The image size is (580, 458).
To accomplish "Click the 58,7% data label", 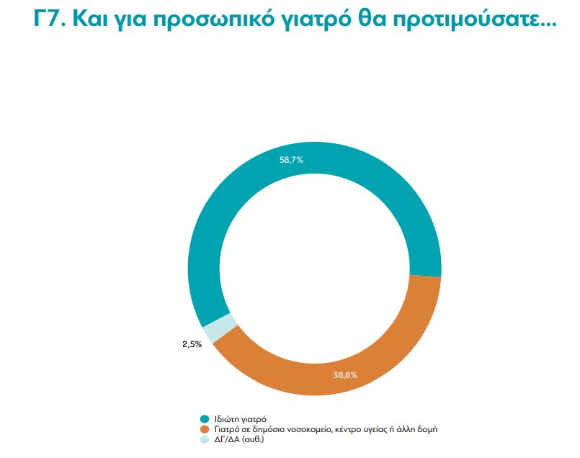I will (x=291, y=160).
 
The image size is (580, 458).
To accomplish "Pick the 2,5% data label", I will (x=192, y=344).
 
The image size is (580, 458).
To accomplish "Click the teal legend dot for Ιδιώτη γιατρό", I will (x=205, y=418).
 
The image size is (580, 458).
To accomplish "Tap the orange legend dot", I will (x=205, y=428).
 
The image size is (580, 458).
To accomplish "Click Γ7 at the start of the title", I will (x=48, y=19).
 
